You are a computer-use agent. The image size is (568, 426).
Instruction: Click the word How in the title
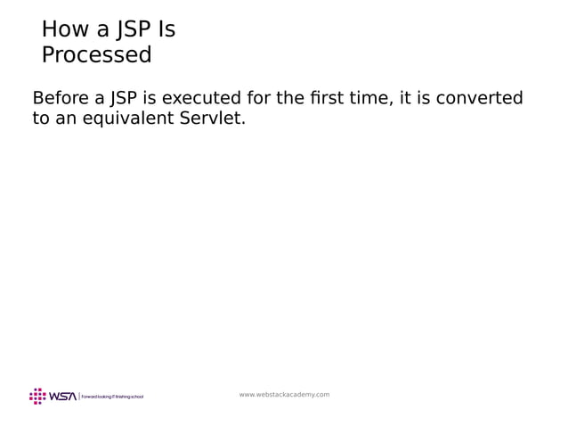click(x=63, y=30)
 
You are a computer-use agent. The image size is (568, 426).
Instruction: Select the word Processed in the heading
click(x=96, y=55)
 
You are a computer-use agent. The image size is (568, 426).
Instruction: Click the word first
click(x=328, y=98)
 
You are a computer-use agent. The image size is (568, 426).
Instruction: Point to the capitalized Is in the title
click(x=166, y=30)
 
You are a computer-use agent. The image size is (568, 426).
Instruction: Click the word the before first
click(x=291, y=98)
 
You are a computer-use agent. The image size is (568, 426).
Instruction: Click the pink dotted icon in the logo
click(x=37, y=396)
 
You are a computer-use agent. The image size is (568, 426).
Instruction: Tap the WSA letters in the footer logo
click(x=62, y=396)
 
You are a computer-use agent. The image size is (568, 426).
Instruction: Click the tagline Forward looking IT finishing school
click(x=112, y=397)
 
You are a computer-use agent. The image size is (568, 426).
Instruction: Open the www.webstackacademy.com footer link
click(x=284, y=394)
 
